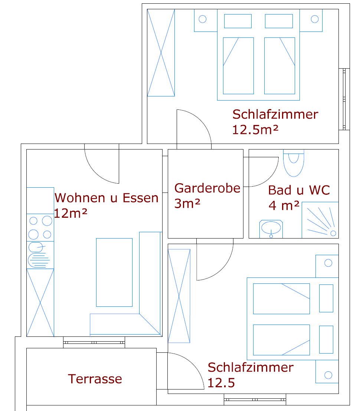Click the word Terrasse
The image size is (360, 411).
point(95,379)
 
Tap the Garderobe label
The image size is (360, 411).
point(207,188)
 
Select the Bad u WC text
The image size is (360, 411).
point(299,190)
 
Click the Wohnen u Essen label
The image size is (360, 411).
point(107,198)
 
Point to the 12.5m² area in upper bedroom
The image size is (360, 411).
point(255,129)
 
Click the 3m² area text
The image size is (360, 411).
point(187,203)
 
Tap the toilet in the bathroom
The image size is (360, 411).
point(294,163)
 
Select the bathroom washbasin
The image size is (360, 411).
point(271,229)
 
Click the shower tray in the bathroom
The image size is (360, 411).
point(320,220)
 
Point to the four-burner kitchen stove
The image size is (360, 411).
point(40,227)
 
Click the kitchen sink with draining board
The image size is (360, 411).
point(40,255)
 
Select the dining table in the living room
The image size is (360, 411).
point(114,272)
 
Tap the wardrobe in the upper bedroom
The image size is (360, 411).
point(161,53)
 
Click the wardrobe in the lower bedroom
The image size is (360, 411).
point(179,296)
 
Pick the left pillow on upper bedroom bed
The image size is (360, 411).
point(238,21)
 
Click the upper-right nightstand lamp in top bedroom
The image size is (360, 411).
point(315,19)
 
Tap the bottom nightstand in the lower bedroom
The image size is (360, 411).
point(327,371)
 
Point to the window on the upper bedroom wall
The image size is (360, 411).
point(344,99)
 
